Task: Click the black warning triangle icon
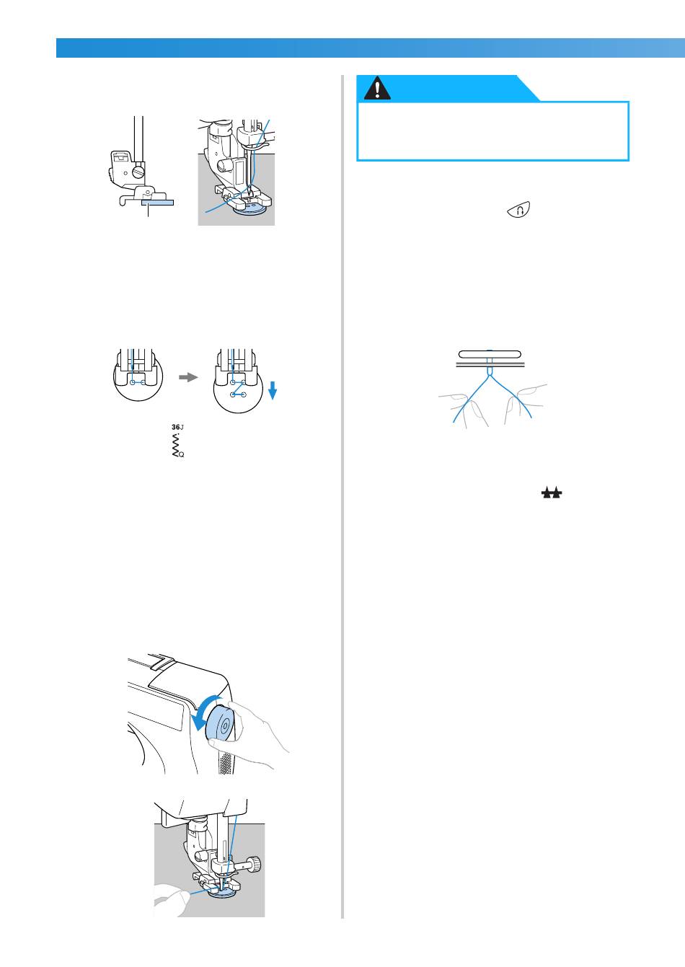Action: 377,89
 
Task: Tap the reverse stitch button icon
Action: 519,211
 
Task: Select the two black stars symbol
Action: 552,493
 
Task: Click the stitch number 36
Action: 176,427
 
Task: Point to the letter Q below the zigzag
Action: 181,454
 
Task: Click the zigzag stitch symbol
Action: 176,445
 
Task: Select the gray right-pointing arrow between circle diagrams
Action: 188,377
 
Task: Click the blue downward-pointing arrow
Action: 273,390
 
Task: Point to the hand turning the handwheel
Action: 249,734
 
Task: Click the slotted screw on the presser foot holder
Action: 138,172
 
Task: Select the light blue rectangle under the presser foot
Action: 157,202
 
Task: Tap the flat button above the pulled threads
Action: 490,355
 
